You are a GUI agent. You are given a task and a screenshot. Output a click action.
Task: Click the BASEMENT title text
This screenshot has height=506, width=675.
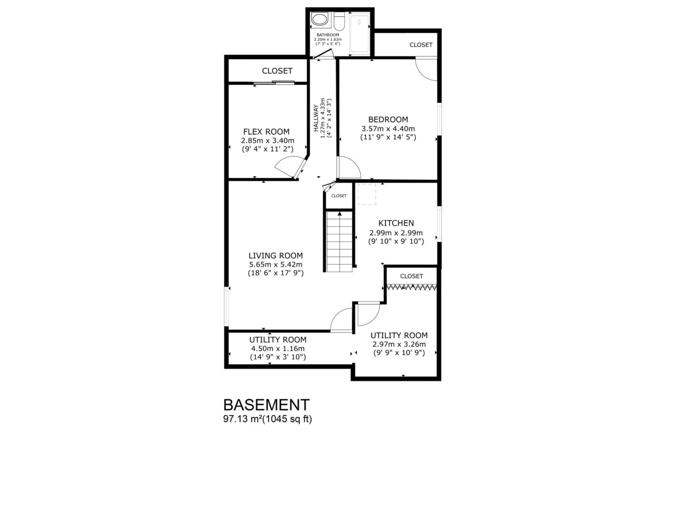click(266, 405)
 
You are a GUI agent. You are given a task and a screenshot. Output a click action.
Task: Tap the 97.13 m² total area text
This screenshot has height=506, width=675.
click(267, 419)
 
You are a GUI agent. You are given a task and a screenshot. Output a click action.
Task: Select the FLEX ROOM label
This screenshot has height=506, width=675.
click(266, 132)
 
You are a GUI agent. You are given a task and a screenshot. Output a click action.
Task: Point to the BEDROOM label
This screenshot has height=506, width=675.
click(388, 119)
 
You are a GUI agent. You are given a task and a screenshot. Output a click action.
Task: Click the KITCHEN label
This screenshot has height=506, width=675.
click(396, 223)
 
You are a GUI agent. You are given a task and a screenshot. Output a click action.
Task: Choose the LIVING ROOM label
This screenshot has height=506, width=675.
click(275, 256)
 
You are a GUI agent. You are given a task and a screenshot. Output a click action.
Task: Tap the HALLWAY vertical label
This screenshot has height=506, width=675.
click(316, 118)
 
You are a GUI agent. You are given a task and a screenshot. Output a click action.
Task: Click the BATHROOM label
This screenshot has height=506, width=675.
click(328, 35)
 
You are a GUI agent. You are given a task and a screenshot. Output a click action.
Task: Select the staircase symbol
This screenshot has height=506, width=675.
click(339, 242)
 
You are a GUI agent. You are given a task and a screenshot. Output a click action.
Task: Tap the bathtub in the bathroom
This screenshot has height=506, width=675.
click(359, 34)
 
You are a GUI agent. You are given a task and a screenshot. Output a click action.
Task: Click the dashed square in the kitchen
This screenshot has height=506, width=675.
click(367, 194)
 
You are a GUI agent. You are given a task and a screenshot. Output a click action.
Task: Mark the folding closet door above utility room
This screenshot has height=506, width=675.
click(411, 287)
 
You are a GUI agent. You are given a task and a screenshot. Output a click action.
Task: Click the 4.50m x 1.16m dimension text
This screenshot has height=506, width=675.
click(278, 349)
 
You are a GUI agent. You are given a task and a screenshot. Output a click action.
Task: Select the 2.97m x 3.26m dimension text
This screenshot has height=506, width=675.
click(399, 344)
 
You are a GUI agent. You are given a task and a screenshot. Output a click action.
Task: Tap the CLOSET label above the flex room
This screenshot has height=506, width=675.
click(277, 71)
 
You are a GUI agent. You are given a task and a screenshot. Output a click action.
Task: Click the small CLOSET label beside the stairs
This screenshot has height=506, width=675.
click(339, 196)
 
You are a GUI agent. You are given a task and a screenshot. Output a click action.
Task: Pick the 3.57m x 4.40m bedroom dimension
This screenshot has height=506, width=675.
click(388, 129)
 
